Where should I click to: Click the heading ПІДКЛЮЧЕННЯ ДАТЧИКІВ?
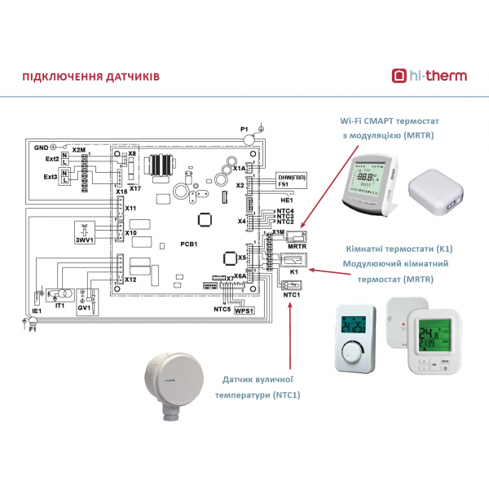point(90,77)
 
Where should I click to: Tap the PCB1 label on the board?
point(188,243)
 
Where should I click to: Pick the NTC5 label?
point(221,311)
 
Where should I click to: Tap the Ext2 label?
point(51,160)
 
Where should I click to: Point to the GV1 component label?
point(83,310)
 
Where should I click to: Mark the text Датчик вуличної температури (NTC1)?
point(260,387)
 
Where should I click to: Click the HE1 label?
point(285,199)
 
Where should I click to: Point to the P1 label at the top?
point(243,130)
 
